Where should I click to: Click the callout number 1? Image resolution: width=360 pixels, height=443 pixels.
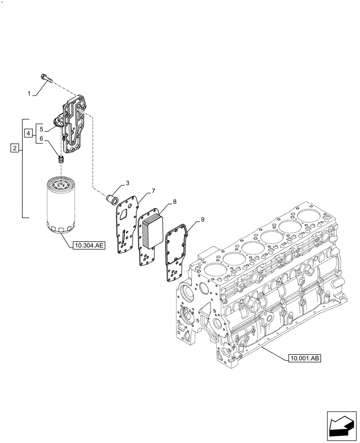(x=29, y=94)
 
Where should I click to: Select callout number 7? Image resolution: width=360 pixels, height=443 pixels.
(x=153, y=191)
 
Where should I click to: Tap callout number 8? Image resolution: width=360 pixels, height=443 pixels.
(x=175, y=202)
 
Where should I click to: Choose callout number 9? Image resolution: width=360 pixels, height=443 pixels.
(x=202, y=219)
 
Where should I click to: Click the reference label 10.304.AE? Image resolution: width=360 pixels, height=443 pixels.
(x=87, y=244)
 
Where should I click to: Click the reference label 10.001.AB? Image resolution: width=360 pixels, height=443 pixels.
(x=304, y=358)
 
